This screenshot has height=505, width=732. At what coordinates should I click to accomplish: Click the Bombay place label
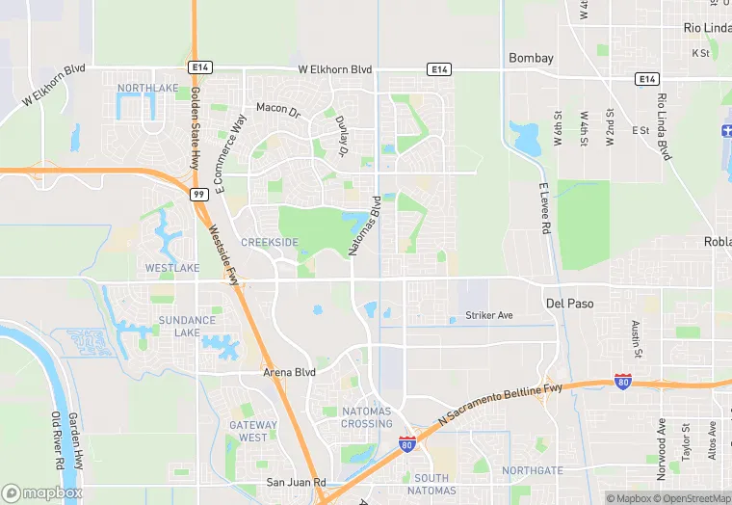coord(531,58)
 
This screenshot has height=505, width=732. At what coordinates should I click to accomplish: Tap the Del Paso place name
coord(568,303)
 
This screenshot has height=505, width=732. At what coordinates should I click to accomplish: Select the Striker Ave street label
coord(489,315)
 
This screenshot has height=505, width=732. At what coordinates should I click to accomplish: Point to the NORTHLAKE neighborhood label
coord(147,88)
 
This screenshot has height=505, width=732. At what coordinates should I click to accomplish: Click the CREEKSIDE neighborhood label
coord(269,242)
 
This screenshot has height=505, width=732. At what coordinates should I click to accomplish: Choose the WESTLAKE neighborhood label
coord(171,267)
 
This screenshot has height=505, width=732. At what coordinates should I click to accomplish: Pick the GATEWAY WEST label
coord(253,431)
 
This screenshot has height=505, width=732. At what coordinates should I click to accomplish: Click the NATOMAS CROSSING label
coord(367,417)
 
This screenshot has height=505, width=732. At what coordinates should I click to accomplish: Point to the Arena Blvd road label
coord(289,371)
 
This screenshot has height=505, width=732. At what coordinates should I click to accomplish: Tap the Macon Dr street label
coord(278,108)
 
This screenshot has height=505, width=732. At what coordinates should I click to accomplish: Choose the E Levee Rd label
coord(543,208)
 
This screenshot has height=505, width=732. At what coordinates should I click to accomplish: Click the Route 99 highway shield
coord(198,194)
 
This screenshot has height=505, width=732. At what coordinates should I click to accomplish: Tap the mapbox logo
coord(41,492)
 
